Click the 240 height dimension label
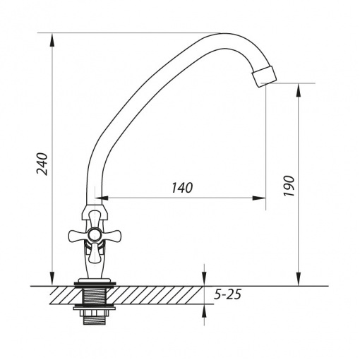pos(42,164)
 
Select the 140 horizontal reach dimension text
pos(182,188)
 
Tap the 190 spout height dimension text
pos(289,186)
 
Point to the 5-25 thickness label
pos(227,294)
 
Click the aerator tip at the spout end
pos(263,76)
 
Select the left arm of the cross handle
pos(78,235)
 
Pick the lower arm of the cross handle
pos(94,253)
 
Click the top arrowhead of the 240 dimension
pos(52,40)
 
